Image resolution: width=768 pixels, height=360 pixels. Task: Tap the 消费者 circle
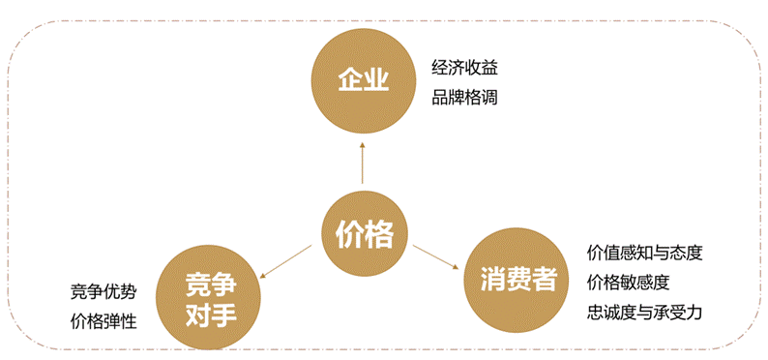[x=518, y=282]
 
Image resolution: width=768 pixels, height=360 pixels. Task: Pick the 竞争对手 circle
[x=210, y=298]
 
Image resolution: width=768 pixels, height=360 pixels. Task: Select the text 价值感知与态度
[x=644, y=253]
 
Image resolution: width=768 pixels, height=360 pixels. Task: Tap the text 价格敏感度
[x=628, y=283]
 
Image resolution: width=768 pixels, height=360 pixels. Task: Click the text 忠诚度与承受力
[x=644, y=313]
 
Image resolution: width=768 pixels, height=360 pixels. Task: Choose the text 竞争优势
[x=103, y=291]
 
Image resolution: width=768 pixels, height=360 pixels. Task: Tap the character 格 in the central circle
[x=379, y=233]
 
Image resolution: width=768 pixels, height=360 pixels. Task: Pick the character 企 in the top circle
[x=349, y=79]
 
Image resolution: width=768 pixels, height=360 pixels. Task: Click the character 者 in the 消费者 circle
[x=545, y=282]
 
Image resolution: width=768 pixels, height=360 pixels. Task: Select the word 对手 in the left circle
[x=210, y=314]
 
